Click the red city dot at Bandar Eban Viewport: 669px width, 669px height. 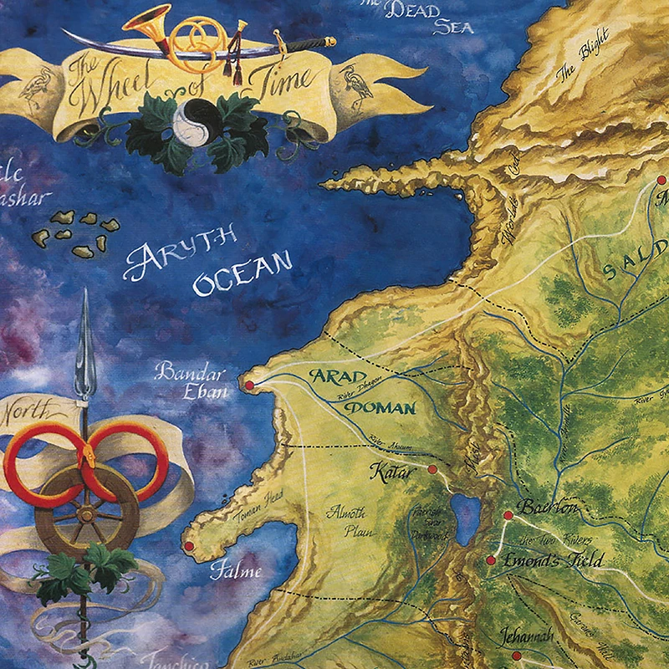click(x=248, y=385)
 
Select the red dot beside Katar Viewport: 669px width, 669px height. click(x=432, y=469)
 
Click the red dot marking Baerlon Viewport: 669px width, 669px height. click(x=508, y=515)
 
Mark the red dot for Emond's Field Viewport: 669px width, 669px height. click(x=491, y=560)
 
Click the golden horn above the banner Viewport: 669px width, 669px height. click(x=159, y=23)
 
